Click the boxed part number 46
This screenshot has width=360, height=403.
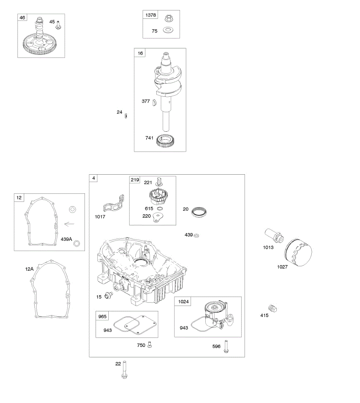click(22, 17)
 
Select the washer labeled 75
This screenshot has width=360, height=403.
click(167, 31)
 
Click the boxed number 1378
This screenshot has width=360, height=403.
click(151, 15)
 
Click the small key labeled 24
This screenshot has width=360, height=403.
click(126, 116)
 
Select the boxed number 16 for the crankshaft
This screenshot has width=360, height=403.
click(140, 53)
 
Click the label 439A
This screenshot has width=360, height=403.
click(66, 239)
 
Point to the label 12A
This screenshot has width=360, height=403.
click(29, 269)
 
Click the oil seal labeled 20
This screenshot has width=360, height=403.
click(199, 212)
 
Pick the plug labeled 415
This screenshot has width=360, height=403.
click(272, 308)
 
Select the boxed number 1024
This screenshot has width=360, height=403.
click(183, 302)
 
